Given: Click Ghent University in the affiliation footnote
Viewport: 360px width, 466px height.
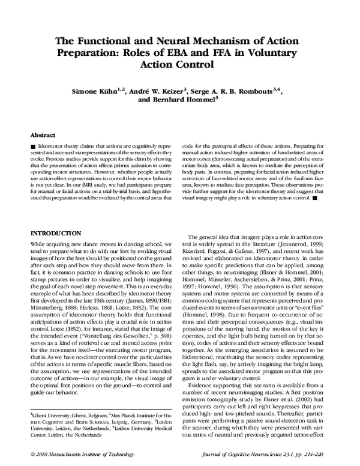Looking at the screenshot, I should (x=53, y=415).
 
